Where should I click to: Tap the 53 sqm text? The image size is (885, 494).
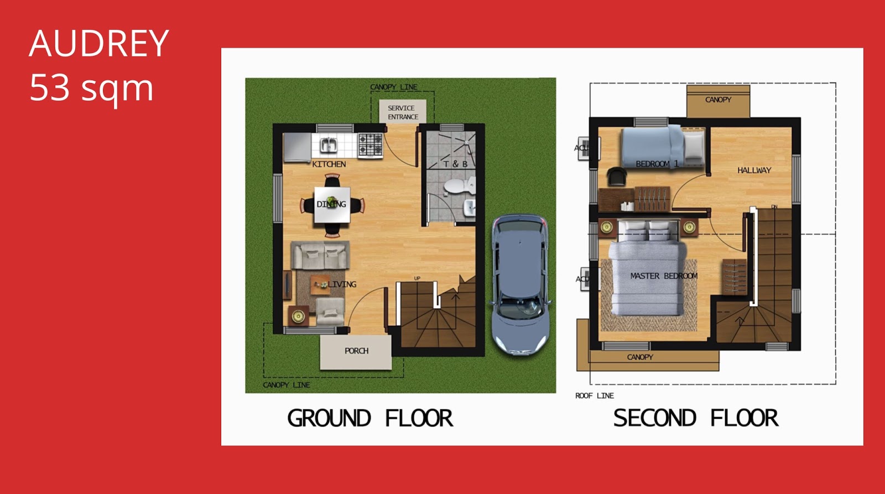[x=91, y=88]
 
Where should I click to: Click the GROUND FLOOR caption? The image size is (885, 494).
[x=369, y=418]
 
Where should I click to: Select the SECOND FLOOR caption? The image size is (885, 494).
[x=695, y=418]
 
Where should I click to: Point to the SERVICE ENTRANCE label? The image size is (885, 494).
[x=402, y=112]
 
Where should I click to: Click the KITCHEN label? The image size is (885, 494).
[x=329, y=164]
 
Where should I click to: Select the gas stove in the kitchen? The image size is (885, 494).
[x=370, y=144]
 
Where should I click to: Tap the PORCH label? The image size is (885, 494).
[x=356, y=351]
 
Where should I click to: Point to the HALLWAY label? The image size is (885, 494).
[x=754, y=170]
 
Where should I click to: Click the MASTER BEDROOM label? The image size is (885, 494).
[x=663, y=275]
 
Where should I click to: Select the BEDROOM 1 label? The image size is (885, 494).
[x=657, y=164]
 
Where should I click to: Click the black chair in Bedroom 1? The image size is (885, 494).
[x=616, y=176]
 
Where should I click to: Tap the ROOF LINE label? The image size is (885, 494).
[x=594, y=396]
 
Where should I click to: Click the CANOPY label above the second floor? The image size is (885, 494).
[x=718, y=100]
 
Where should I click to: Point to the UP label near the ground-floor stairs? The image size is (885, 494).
[x=417, y=278]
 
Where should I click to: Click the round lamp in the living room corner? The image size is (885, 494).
[x=298, y=316]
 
